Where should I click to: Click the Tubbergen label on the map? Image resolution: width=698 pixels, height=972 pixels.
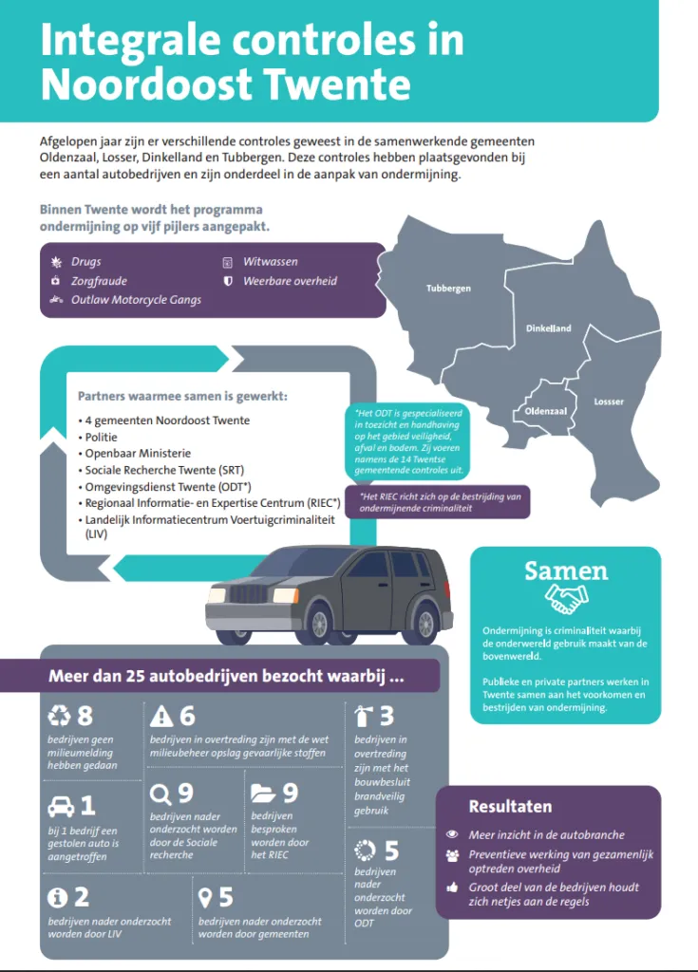448,288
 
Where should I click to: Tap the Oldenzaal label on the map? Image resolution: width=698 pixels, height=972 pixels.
545,411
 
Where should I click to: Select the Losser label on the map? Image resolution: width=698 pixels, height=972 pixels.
609,402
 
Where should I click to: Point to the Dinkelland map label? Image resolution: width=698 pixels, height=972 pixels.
549,328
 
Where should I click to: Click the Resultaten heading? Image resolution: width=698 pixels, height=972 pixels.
510,807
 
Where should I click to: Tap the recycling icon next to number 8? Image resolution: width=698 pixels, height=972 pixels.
59,716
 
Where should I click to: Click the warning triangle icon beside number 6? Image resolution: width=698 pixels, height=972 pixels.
161,716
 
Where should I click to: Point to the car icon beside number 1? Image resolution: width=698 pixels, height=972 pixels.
61,807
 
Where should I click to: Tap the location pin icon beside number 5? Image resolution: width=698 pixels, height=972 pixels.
204,896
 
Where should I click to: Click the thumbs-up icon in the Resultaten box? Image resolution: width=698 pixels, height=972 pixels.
452,888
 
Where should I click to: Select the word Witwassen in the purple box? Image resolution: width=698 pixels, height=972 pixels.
271,262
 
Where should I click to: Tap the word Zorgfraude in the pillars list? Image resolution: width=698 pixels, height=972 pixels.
99,281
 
